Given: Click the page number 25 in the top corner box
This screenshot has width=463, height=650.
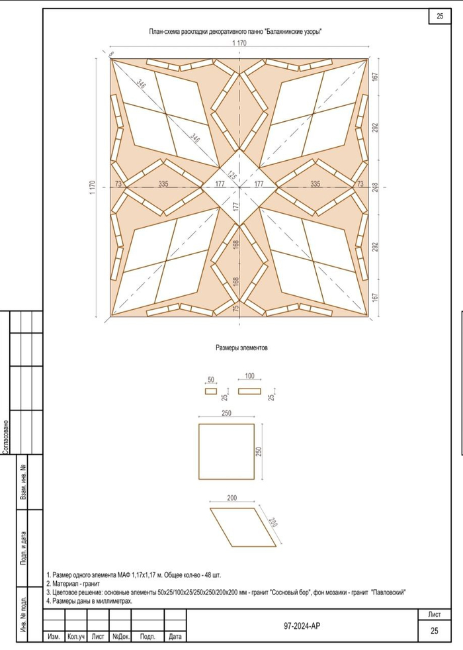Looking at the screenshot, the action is coord(440,16).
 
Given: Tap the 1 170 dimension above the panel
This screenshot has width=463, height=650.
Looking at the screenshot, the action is coord(239,42).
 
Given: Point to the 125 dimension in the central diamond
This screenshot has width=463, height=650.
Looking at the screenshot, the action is coord(232,175).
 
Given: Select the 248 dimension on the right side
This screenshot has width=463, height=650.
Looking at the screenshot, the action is coord(375,188).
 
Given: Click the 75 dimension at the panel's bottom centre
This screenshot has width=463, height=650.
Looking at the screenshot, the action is coord(236,308).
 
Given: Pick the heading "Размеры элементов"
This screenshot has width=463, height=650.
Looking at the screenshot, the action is coord(241,348).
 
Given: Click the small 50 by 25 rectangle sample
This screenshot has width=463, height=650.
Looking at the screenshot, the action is coord(211,391).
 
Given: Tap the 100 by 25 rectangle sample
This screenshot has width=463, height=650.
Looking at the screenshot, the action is coord(249,391).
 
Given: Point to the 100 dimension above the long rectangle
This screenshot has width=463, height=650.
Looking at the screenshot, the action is coord(250,376).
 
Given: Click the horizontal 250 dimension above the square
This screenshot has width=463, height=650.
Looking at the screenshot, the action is coord(226,413).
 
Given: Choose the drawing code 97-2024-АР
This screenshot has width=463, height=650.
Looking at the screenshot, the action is coord(302,626).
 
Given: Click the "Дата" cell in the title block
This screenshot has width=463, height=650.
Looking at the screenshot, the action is coord(175,636).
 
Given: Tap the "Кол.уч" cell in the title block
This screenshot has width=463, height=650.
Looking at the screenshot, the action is coord(76,636).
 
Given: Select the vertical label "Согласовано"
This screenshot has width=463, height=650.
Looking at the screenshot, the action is coord(5,437).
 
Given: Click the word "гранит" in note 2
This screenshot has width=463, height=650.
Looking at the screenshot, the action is coord(91,584).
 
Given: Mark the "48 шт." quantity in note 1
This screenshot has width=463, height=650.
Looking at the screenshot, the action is coord(213,575).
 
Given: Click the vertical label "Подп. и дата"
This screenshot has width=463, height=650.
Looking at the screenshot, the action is coord(23,548).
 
